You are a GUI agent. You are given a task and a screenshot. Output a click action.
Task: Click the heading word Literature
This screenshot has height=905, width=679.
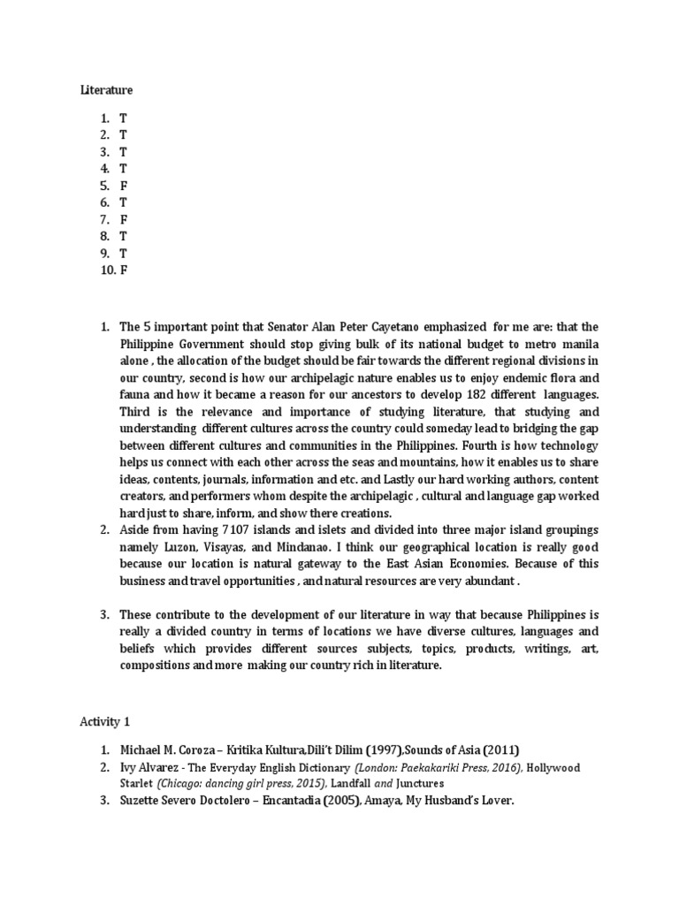click(x=106, y=89)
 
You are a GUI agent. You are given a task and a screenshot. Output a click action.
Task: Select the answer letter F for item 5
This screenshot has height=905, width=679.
click(x=124, y=186)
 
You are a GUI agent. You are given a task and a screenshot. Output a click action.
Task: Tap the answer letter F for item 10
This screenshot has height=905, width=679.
click(x=124, y=270)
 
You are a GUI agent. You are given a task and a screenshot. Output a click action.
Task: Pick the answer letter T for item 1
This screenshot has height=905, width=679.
click(x=124, y=118)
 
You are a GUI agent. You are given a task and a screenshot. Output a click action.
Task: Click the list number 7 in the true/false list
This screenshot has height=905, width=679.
click(x=103, y=219)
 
